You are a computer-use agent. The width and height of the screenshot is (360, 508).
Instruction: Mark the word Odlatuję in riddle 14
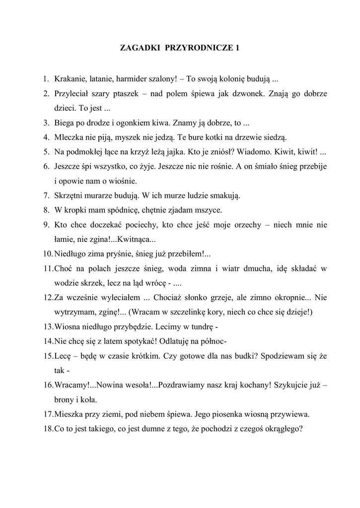point(148,341)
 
